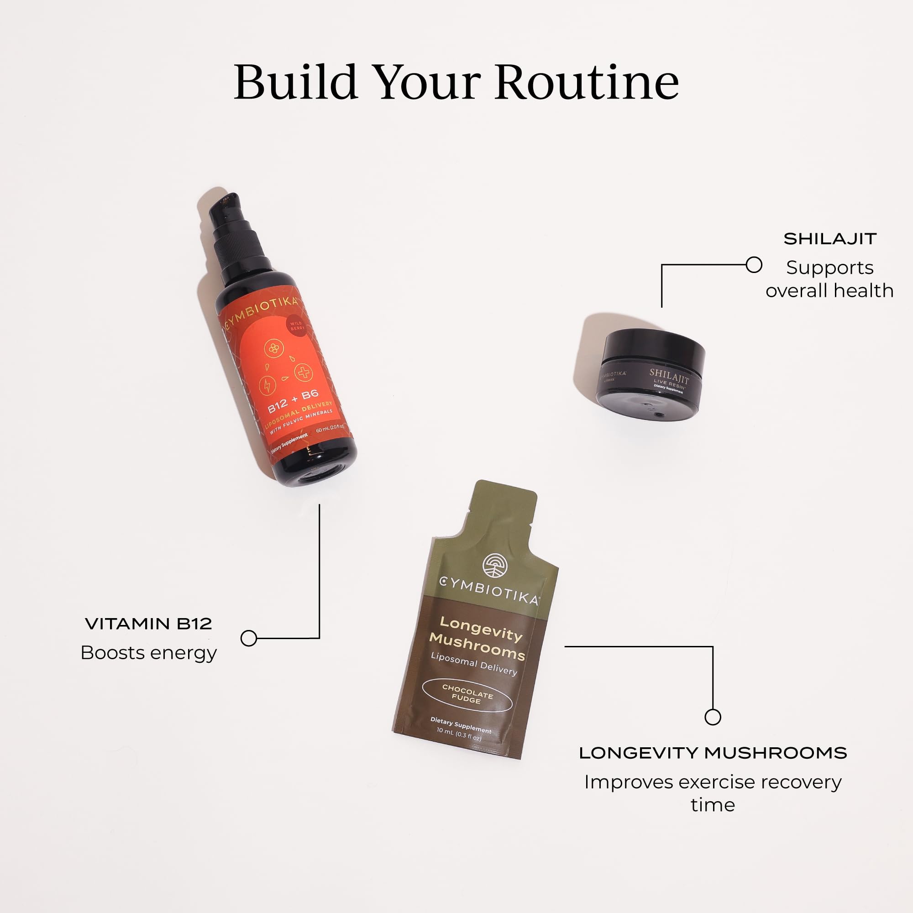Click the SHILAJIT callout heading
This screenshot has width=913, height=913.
830,239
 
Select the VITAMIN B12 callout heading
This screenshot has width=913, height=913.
148,624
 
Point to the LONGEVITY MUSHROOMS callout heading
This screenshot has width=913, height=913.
713,753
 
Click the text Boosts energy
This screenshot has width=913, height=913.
148,653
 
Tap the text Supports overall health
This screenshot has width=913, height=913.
829,279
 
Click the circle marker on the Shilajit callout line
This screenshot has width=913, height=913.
754,265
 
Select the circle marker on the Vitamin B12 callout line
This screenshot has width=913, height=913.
249,638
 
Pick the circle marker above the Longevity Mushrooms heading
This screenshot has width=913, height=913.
713,717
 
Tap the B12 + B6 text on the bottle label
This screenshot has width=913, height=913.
293,401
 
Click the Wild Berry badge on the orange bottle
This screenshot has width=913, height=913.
297,325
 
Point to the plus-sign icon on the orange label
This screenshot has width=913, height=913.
304,373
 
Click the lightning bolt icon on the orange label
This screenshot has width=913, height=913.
268,384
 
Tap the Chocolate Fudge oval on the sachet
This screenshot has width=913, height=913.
467,695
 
